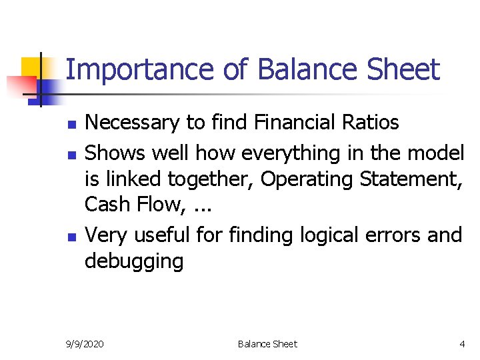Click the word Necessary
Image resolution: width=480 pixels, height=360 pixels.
point(133,123)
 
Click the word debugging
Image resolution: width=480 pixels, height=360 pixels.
point(133,261)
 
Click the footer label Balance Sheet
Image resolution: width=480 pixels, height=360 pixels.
point(267,344)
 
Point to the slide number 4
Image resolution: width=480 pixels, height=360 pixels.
point(462,344)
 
